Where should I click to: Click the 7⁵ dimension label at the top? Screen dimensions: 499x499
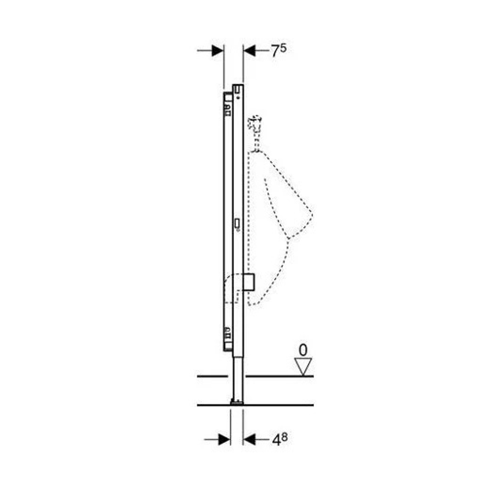(278, 50)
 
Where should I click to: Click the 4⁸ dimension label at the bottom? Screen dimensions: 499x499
(280, 440)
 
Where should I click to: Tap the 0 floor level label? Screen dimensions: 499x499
(303, 350)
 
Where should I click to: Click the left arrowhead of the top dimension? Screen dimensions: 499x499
(218, 50)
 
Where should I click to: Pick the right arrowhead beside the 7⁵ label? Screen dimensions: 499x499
(249, 50)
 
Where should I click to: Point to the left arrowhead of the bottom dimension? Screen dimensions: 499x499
(225, 440)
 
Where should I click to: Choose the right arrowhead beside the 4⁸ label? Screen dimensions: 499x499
(249, 440)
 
